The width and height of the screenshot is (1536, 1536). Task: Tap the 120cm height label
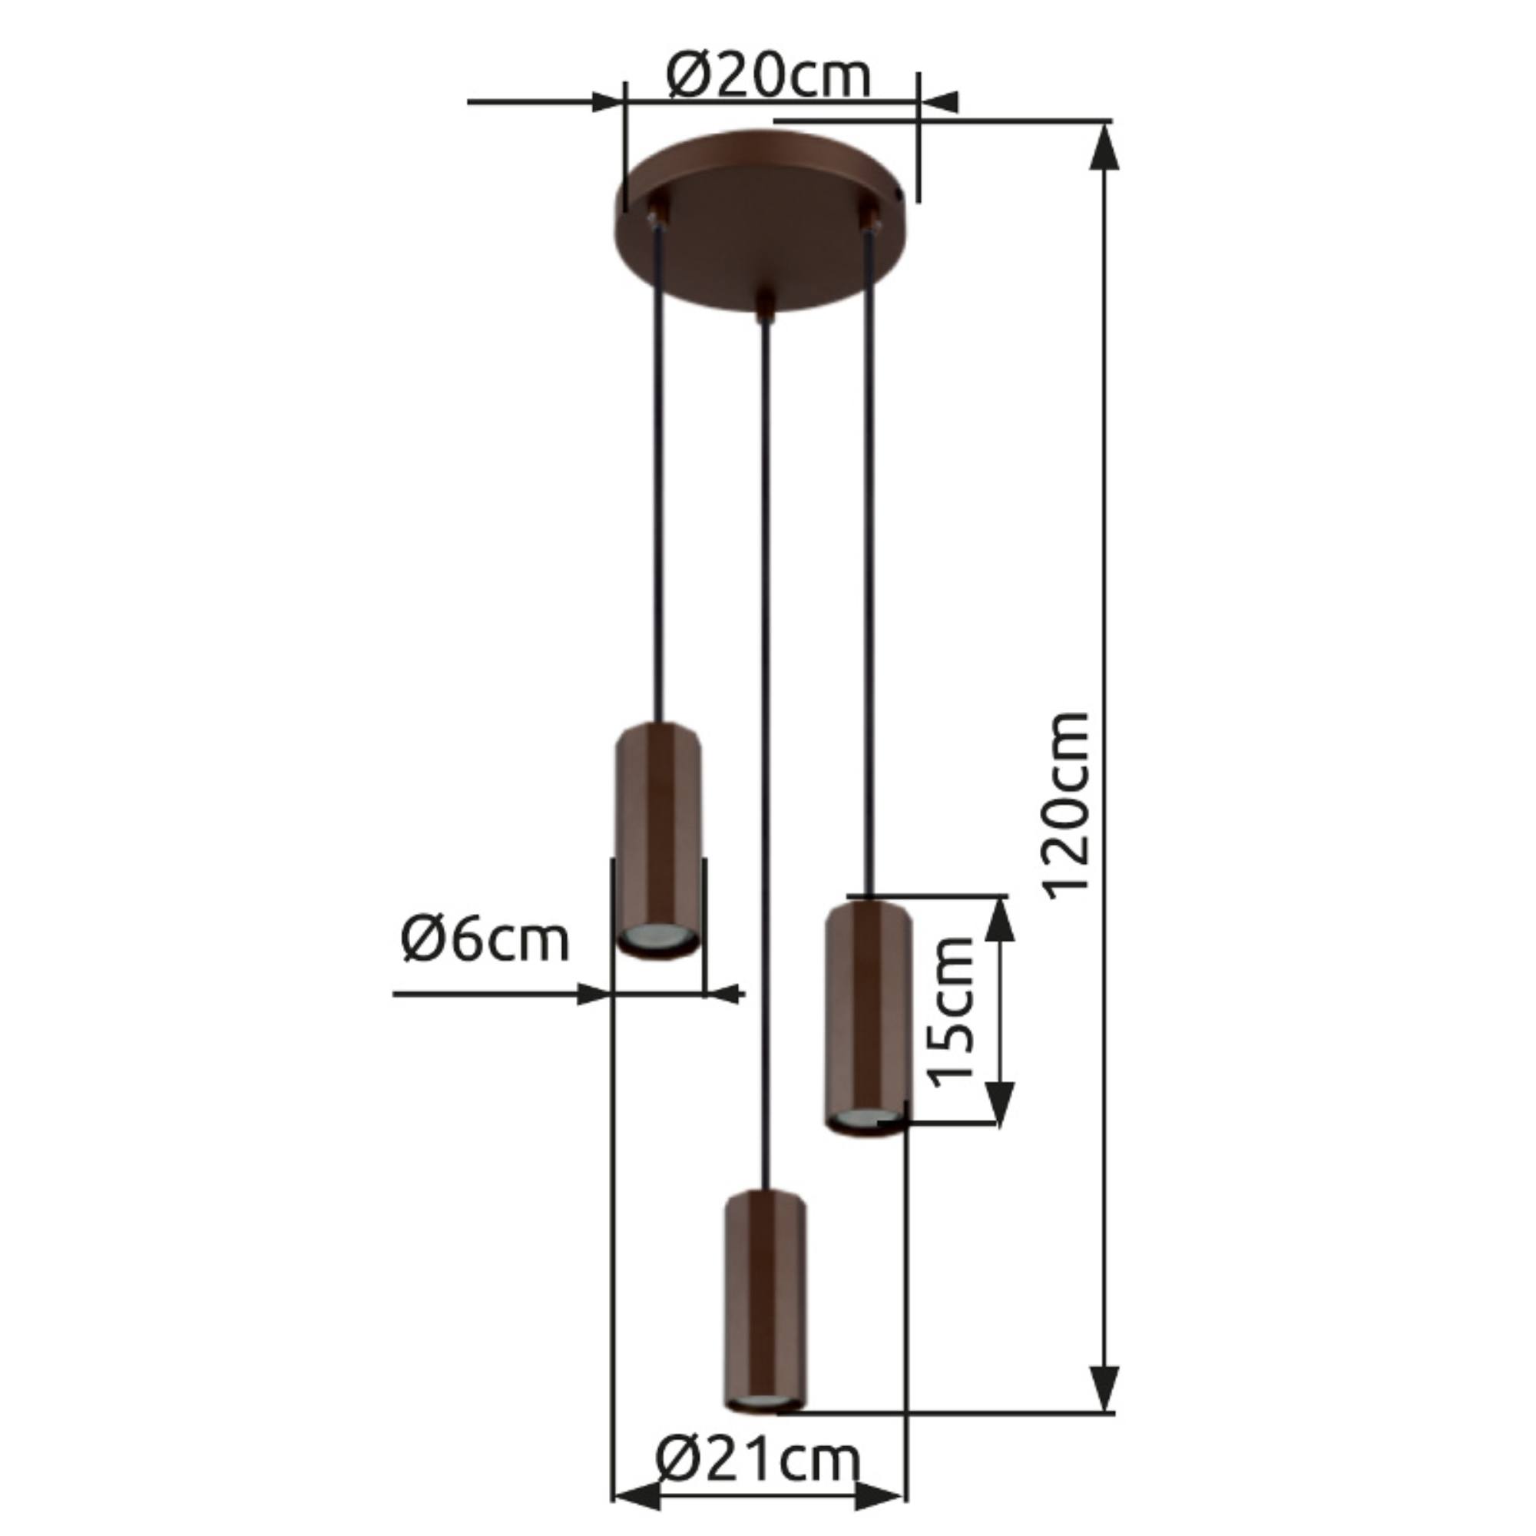tap(1067, 806)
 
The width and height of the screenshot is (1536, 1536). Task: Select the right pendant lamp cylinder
tap(868, 1018)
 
